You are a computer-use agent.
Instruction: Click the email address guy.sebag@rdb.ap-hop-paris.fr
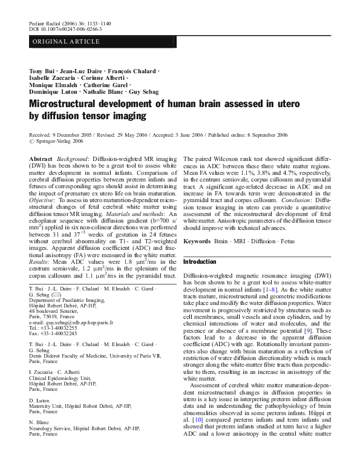click(71, 323)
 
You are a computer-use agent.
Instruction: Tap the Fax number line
click(53, 333)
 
